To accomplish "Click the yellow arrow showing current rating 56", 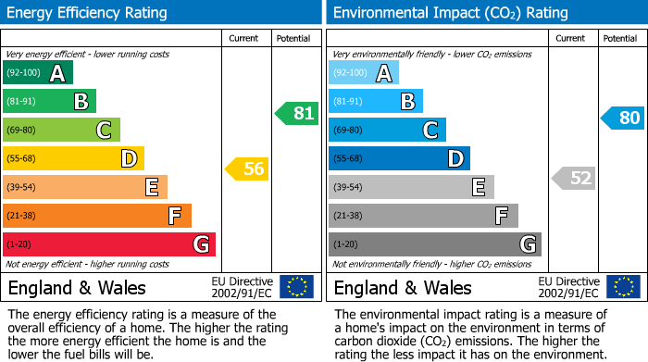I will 247,169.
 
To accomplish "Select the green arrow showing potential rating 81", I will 296,114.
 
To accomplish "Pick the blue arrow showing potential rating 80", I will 623,119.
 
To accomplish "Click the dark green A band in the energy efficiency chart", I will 38,73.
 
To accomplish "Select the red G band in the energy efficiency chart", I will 109,244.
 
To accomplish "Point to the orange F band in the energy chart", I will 97,216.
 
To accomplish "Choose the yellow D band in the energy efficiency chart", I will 73,158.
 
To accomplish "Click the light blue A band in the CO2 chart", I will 364,73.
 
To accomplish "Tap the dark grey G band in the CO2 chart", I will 434,244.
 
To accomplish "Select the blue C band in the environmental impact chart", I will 387,130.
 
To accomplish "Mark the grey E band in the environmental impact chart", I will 411,187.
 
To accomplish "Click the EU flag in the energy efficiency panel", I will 296,287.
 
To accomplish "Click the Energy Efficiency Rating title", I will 88,13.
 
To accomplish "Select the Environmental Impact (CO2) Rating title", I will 437,13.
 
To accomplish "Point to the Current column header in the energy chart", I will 245,38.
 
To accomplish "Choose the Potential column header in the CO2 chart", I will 619,38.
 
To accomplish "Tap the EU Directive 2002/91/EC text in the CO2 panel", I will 568,287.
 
